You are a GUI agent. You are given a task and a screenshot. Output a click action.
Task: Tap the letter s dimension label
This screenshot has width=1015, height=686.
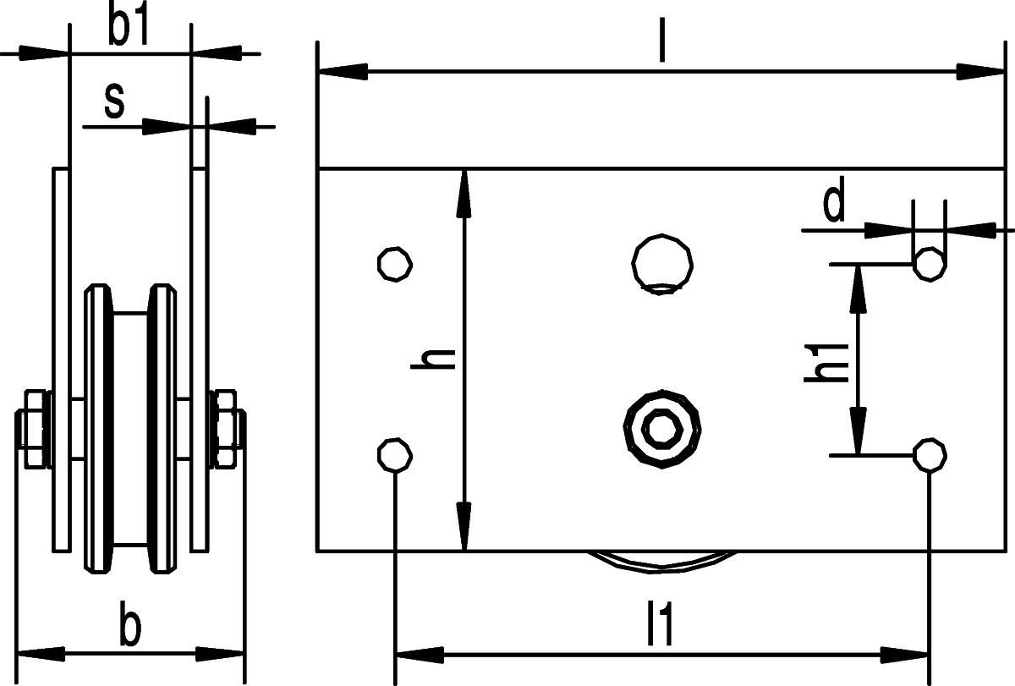point(114,102)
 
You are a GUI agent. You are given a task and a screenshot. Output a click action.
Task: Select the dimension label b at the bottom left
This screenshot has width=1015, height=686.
point(129,627)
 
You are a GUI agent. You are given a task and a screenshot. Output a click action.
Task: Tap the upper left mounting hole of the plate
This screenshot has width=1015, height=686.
point(393,263)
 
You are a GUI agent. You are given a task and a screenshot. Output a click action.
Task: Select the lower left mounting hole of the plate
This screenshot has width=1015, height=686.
point(393,455)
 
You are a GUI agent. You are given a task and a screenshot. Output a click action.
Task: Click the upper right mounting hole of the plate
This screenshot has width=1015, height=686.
point(930,264)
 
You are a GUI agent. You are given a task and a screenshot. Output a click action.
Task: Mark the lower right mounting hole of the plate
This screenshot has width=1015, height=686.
point(930,455)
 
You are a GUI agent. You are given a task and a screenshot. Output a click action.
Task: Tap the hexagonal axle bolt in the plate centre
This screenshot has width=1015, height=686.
point(662,428)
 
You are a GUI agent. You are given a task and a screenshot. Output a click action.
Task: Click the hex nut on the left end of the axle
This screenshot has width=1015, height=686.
point(36,429)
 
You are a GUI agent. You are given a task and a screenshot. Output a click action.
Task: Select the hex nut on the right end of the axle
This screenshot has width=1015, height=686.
point(225,429)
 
